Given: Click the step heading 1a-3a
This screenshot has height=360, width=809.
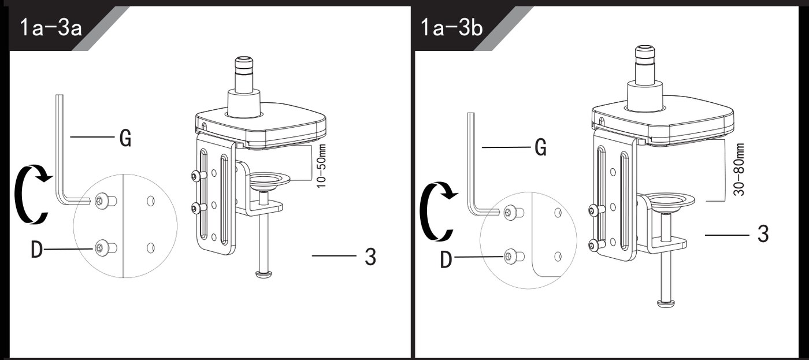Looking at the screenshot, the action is coord(51,28).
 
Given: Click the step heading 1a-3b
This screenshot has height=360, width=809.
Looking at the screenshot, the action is coord(452,28).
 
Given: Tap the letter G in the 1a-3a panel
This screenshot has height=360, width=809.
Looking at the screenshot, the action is coord(125,138).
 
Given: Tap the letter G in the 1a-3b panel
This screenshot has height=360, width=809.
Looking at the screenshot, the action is coord(540,148).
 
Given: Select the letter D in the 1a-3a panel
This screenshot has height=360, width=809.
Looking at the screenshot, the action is coord(36,250).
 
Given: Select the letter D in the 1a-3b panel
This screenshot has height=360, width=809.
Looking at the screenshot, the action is coord(446,259).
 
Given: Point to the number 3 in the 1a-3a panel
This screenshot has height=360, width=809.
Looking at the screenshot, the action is coord(370,257).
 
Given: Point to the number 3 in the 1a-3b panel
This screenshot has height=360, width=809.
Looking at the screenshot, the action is coord(763,234).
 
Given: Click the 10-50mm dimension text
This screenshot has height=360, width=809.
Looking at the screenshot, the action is coord(321,166).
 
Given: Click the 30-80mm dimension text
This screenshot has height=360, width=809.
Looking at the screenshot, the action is coord(740,170).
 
